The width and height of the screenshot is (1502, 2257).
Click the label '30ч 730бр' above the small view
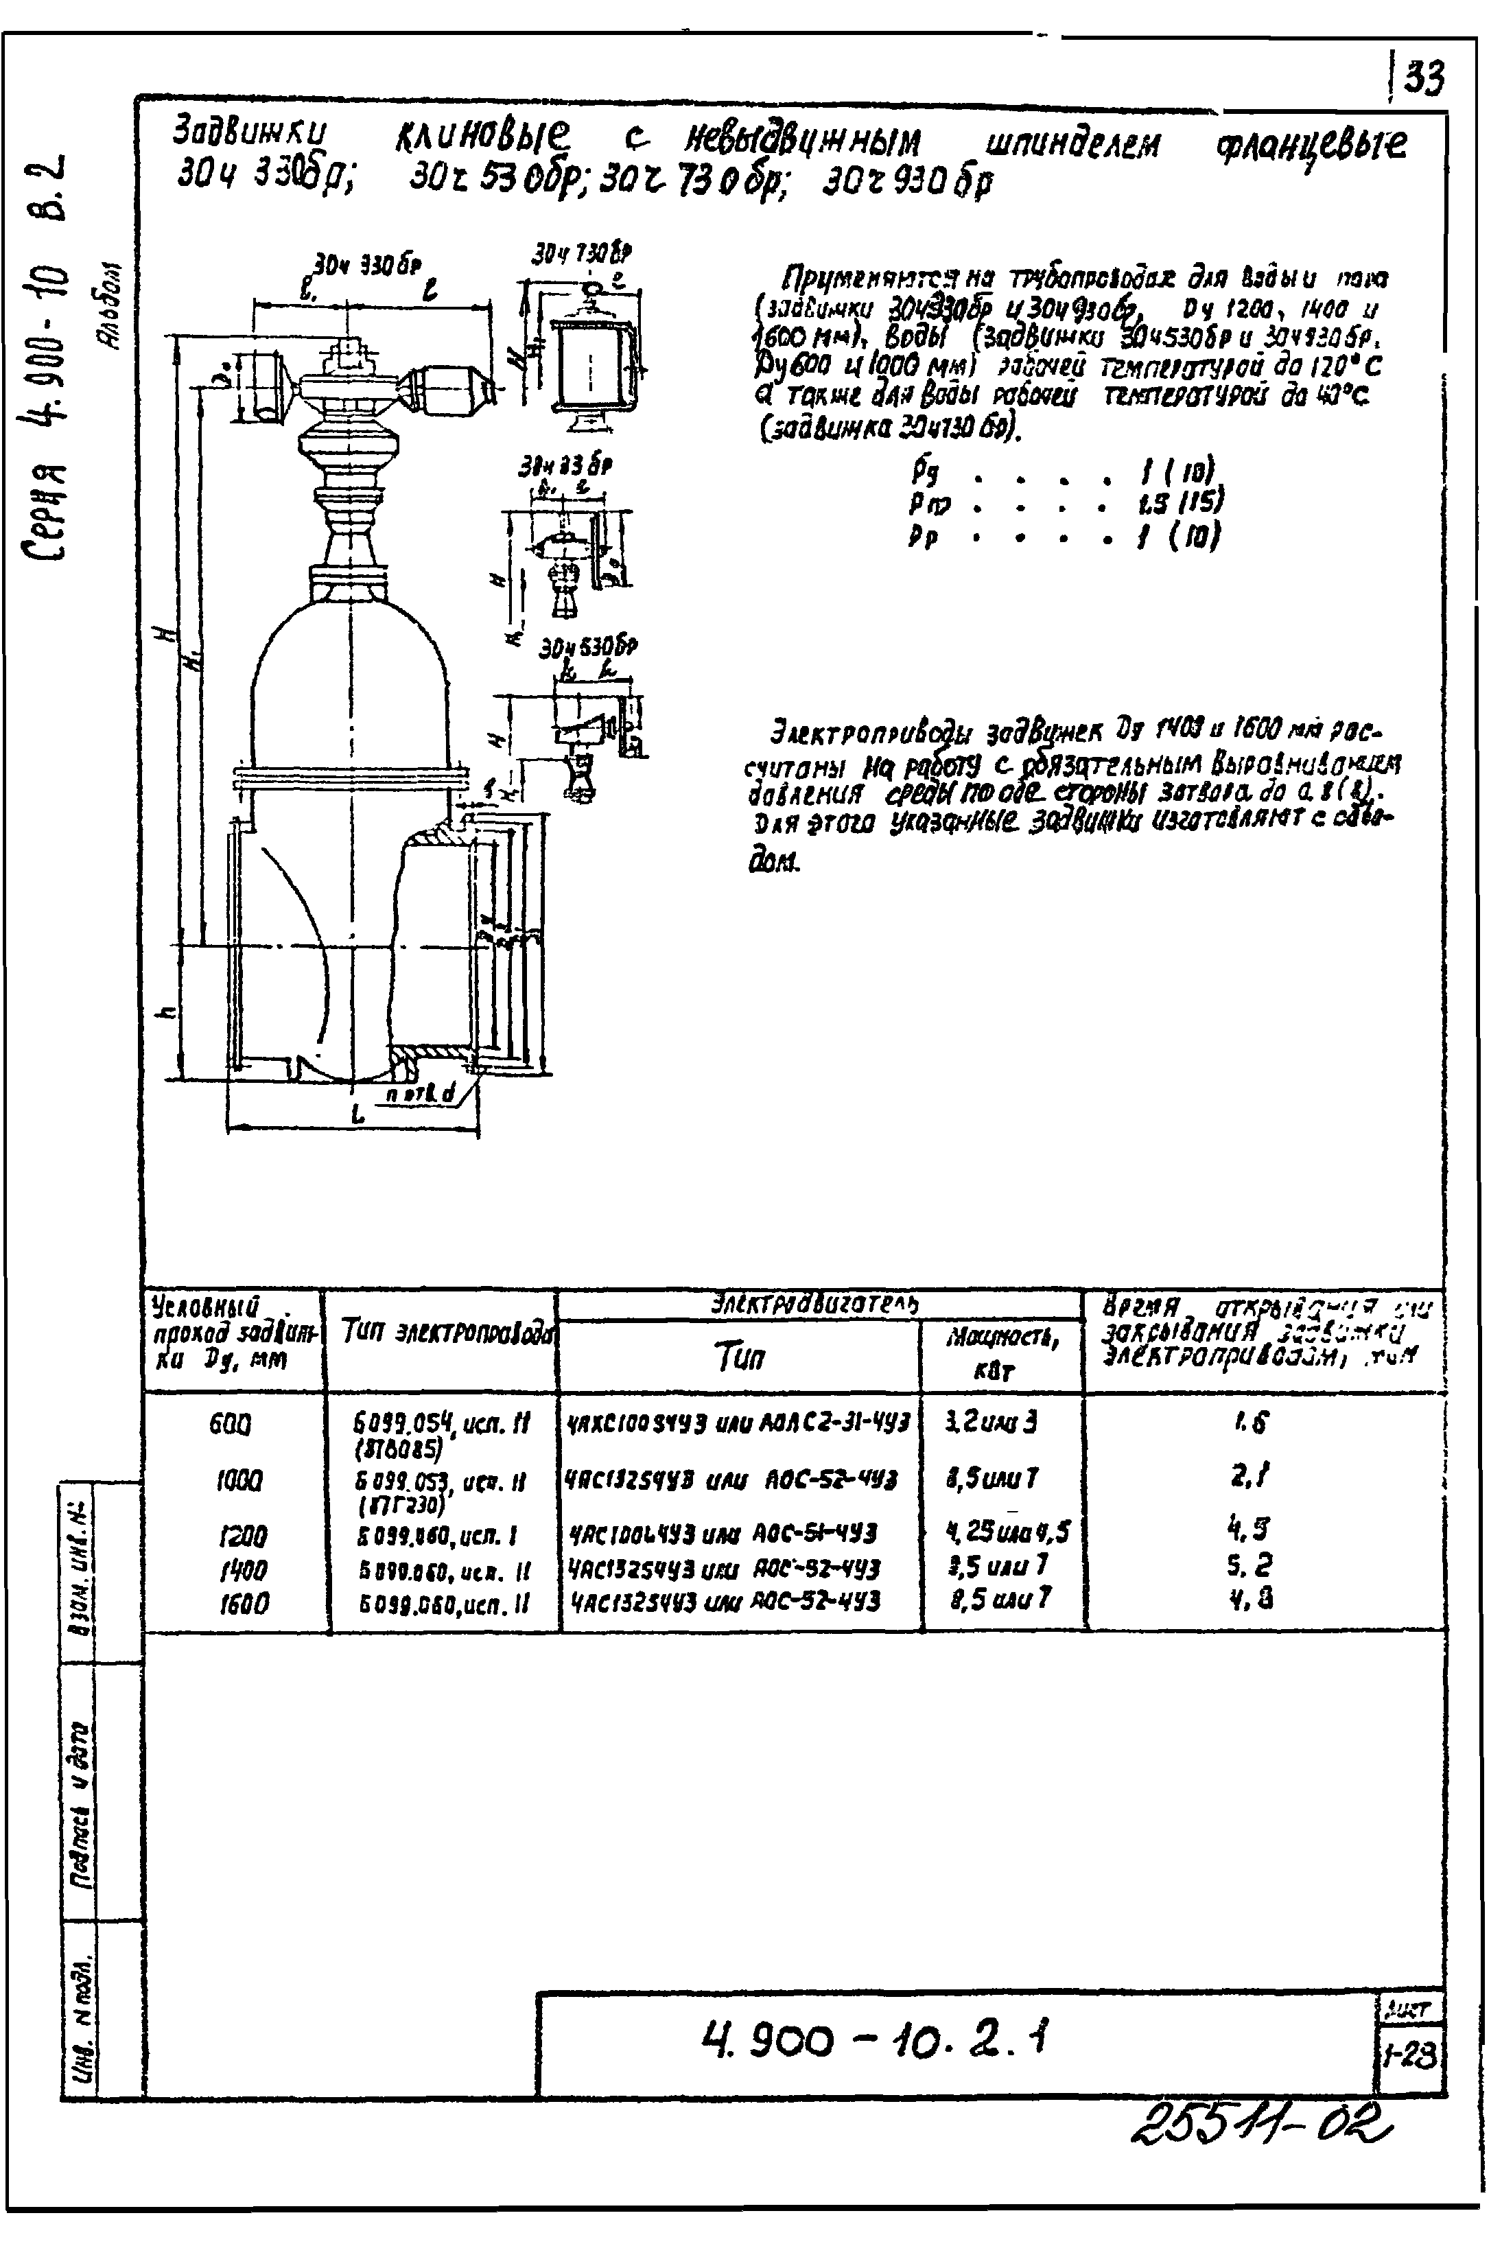[x=583, y=255]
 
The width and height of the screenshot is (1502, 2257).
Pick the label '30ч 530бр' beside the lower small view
[x=588, y=648]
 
